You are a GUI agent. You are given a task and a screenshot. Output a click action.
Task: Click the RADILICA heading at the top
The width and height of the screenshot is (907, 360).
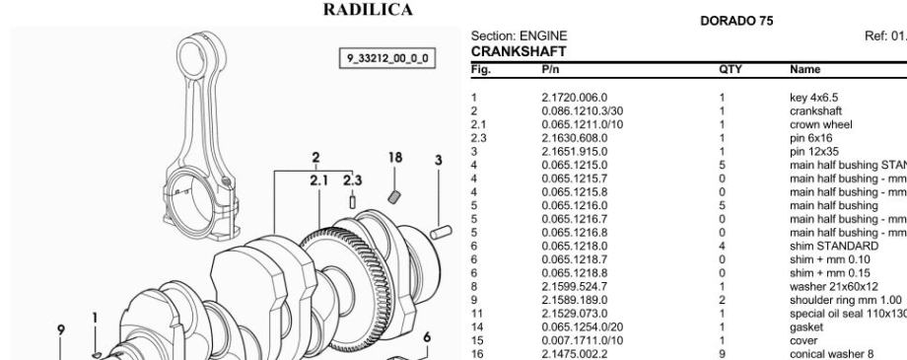click(368, 10)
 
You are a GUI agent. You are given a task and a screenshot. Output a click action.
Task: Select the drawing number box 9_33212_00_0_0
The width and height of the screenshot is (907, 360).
click(387, 58)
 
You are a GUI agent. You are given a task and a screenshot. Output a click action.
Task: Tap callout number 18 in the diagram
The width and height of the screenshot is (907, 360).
click(395, 158)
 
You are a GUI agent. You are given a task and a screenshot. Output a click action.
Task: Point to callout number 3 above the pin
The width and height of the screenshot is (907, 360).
click(439, 161)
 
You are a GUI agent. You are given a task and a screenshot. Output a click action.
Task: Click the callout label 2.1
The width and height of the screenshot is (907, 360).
click(318, 180)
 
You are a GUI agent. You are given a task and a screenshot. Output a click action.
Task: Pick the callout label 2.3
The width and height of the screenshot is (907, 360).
click(352, 180)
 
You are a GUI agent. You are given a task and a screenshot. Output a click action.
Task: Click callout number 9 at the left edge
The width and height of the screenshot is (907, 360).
click(61, 329)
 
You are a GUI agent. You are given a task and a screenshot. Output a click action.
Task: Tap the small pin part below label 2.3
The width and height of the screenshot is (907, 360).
click(352, 202)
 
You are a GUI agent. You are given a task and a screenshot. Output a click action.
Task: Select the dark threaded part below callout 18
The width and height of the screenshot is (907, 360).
click(394, 197)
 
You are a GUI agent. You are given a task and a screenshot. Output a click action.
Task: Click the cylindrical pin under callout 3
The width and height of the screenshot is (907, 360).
click(441, 232)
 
